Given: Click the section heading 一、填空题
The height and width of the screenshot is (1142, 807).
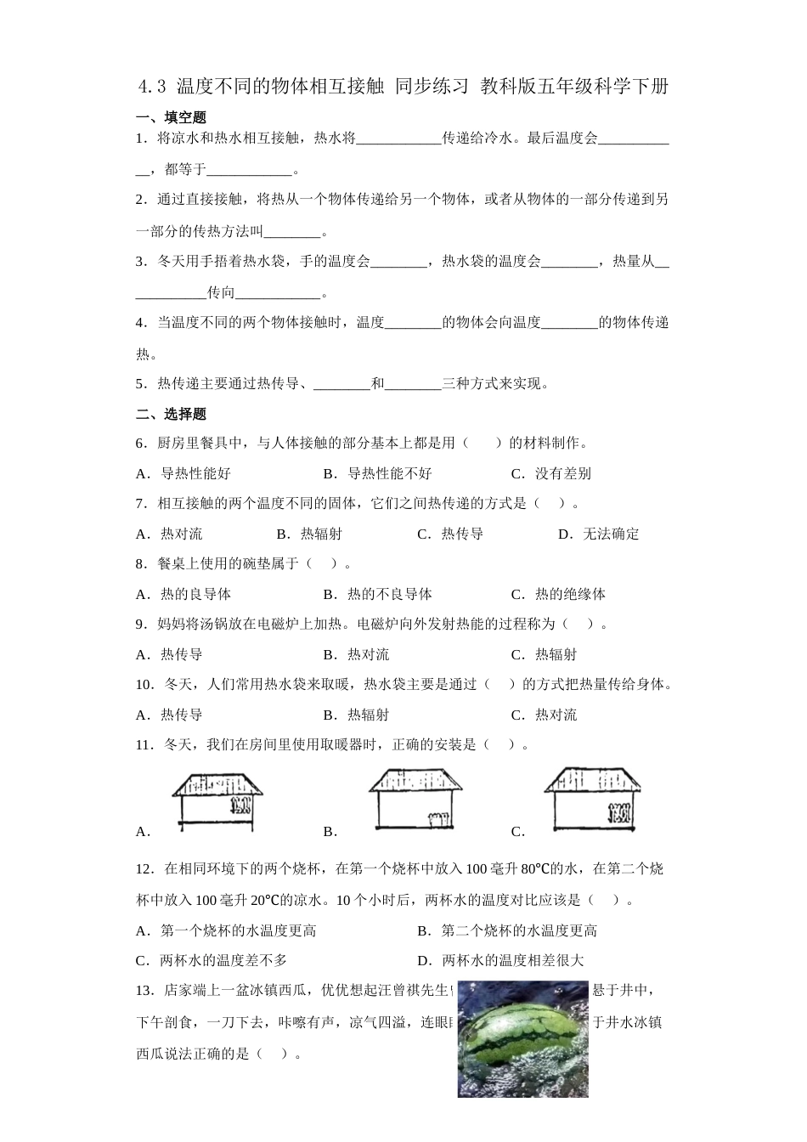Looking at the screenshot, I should point(171,117).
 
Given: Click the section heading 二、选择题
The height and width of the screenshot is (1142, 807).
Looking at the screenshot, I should point(171,414).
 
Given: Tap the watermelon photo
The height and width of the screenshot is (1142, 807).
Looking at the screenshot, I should point(522,1038).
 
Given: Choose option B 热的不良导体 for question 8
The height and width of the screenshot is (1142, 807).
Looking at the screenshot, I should point(378,594).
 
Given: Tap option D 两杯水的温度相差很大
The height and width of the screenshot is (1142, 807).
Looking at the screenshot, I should point(500,960).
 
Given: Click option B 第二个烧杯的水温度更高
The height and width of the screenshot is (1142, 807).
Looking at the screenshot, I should point(507,930).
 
